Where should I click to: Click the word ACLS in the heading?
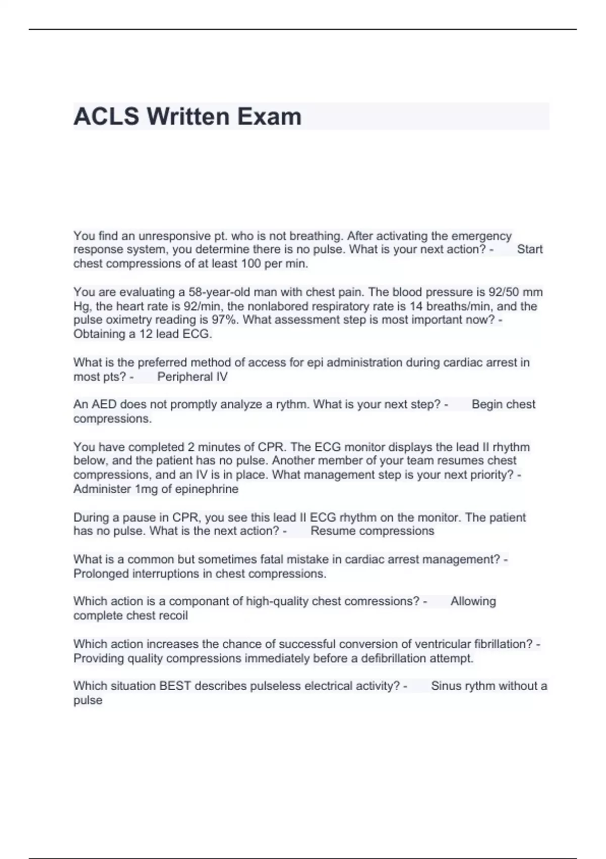(106, 117)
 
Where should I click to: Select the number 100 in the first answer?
(250, 264)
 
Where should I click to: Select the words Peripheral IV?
(192, 377)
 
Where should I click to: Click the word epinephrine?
(207, 489)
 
